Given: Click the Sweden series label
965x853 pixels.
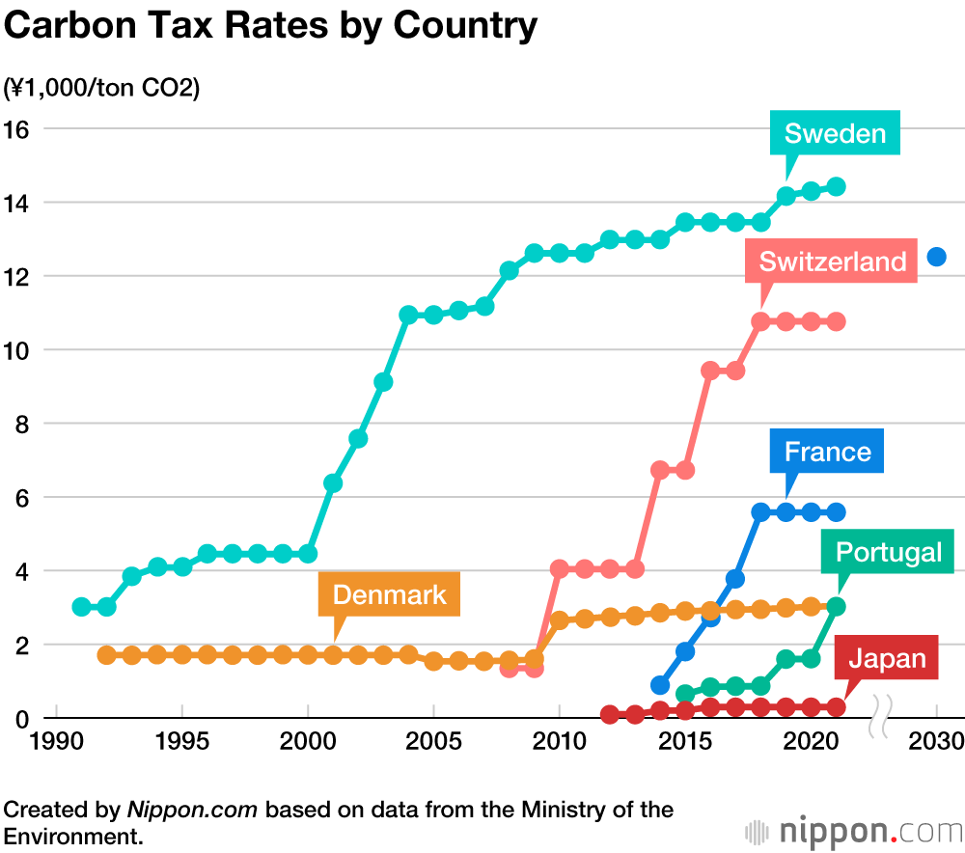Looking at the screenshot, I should point(835,133).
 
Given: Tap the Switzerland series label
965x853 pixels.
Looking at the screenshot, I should point(832,261).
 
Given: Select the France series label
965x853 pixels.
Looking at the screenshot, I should point(827,452).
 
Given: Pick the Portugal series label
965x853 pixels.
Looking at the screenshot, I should point(888,552).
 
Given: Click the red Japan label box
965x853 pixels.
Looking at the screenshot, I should point(886,659).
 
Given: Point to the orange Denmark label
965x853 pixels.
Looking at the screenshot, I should point(389,594).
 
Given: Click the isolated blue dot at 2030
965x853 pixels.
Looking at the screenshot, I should point(936,257).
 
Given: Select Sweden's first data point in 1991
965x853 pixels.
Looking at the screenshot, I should point(82,607).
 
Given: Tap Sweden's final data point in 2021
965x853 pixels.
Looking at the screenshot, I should point(837,186).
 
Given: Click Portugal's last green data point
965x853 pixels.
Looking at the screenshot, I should point(837,606).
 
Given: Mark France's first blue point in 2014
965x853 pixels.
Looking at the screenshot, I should point(660,685).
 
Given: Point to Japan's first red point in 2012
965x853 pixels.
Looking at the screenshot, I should point(610,715).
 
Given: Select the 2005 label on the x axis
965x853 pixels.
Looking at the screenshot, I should point(433,743).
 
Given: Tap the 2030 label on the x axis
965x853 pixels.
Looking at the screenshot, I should point(936,743).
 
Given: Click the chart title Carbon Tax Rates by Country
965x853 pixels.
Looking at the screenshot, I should point(271,27).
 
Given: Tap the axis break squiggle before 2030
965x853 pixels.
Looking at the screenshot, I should point(881,717).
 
